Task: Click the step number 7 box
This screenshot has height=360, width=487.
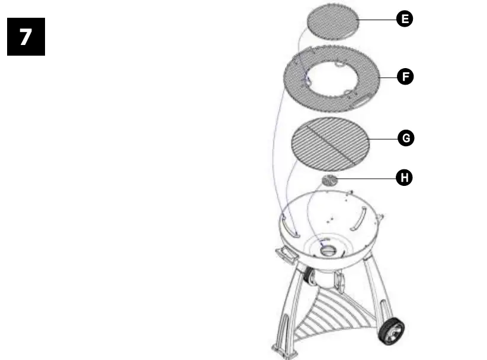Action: (26, 37)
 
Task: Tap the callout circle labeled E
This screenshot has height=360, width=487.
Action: (405, 20)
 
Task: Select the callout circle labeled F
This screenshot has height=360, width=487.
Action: (405, 76)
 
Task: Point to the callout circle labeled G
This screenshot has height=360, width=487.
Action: (405, 139)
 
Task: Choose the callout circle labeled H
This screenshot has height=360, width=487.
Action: (405, 176)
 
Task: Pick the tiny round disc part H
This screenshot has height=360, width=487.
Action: (329, 180)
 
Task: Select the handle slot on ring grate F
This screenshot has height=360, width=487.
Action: (360, 103)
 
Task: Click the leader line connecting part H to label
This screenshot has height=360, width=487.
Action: (367, 177)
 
